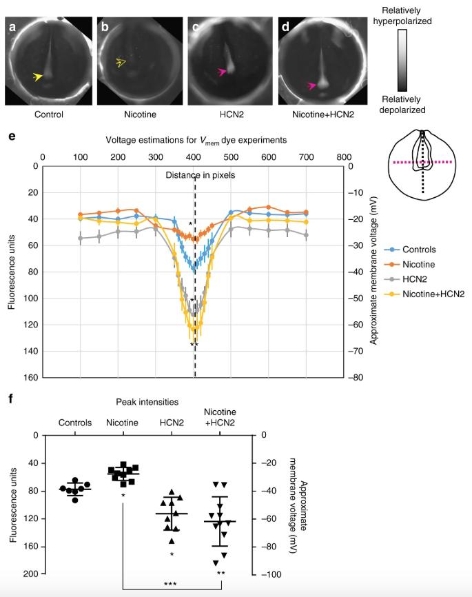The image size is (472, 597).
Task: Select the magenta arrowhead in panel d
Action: click(311, 85)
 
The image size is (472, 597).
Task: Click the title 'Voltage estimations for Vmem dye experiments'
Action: click(196, 140)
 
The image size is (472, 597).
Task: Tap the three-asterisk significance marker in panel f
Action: click(170, 585)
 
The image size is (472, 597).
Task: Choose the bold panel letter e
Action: click(11, 138)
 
